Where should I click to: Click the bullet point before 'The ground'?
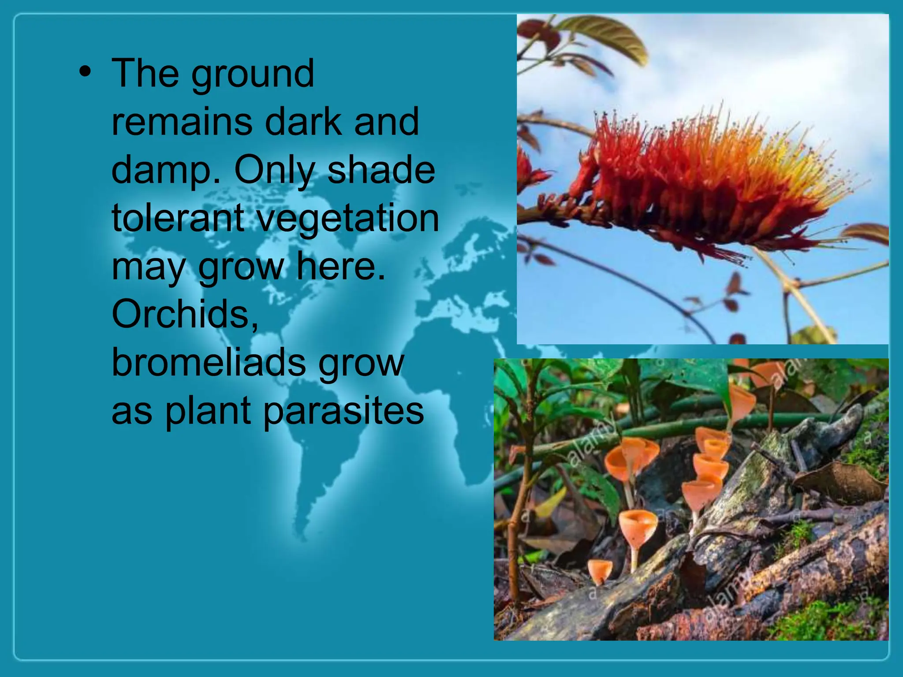point(85,72)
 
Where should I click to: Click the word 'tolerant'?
point(178,218)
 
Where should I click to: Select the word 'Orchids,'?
point(185,314)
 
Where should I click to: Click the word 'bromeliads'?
point(209,362)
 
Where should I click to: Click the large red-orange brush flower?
point(705,185)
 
